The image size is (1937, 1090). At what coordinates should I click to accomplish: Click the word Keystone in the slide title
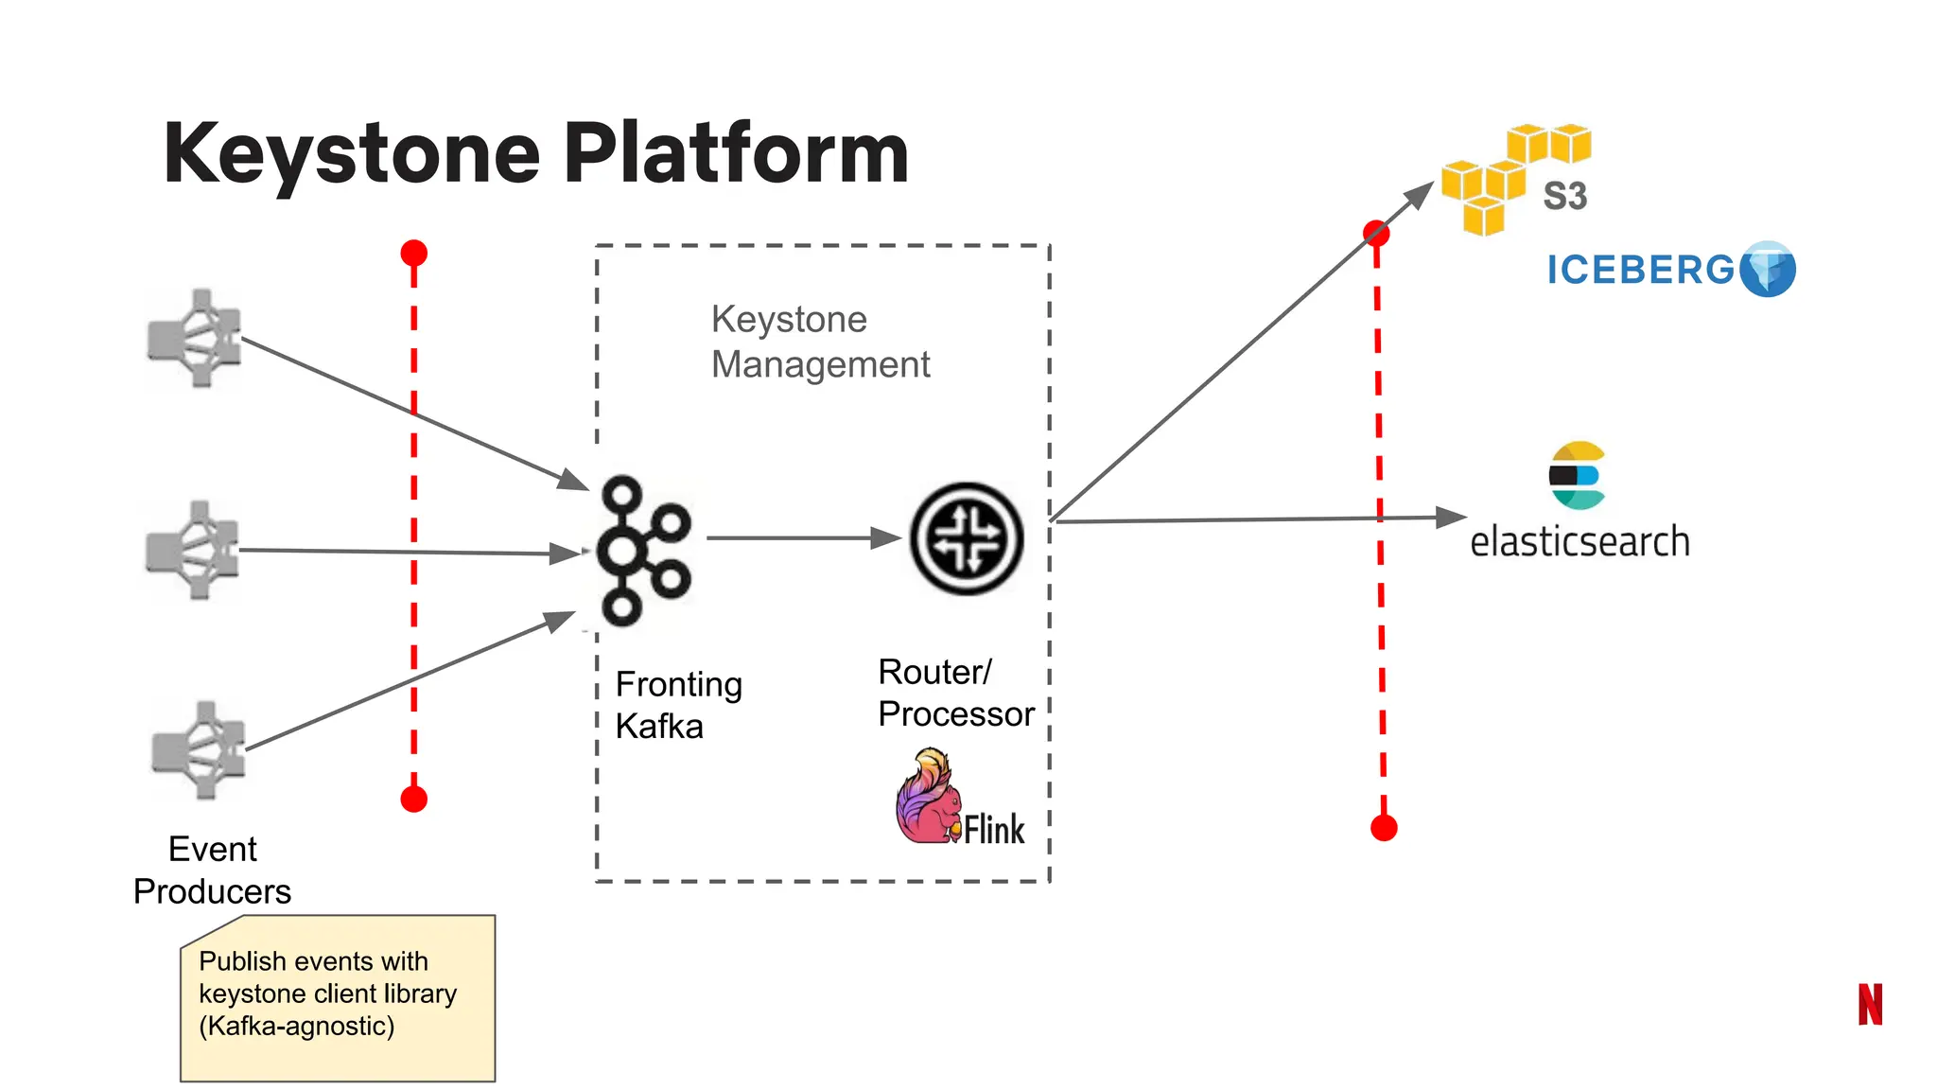coord(351,154)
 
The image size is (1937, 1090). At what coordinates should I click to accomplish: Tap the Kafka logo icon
coord(642,551)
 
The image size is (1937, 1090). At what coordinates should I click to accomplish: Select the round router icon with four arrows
coord(966,538)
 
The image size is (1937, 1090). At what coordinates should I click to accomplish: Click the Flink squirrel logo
coord(927,797)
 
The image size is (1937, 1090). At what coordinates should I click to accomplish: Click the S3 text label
coord(1564,197)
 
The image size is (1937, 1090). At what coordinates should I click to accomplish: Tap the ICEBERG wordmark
coord(1641,271)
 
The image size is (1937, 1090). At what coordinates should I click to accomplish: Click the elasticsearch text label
coord(1579,542)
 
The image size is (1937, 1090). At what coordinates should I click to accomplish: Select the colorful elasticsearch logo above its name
coord(1577,475)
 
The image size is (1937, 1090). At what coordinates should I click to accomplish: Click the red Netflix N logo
coord(1870,1004)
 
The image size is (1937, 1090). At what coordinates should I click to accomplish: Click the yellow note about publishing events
coord(338,998)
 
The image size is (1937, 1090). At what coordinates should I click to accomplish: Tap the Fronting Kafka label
coord(678,705)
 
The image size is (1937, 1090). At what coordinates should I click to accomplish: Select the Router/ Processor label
coord(955,693)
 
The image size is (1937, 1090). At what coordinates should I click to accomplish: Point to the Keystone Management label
coord(820,342)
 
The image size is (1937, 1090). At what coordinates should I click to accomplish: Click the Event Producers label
coord(212,870)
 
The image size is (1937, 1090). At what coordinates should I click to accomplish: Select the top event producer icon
coord(195,338)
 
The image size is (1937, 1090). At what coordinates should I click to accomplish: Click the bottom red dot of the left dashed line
coord(414,800)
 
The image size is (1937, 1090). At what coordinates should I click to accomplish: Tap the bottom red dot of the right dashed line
coord(1384,829)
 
